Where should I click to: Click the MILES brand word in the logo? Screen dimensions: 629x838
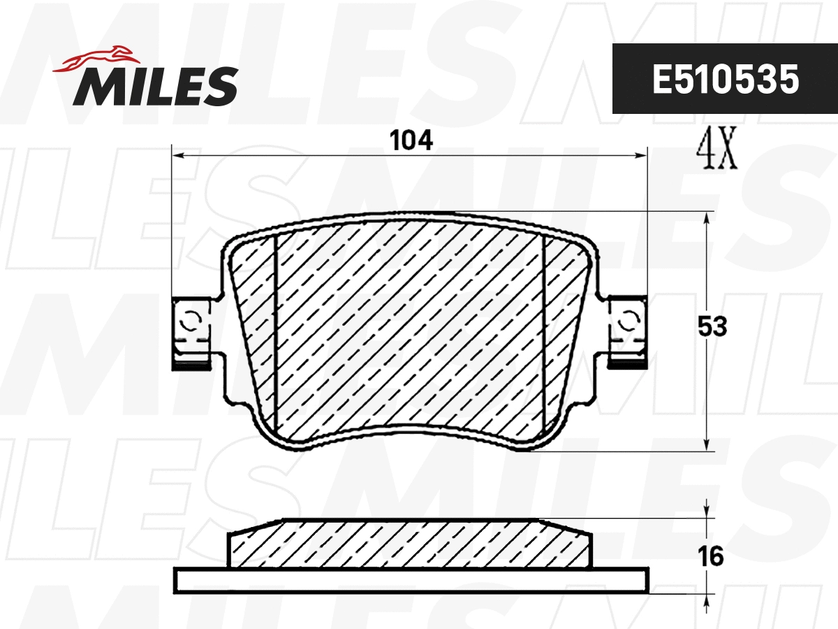pyautogui.click(x=155, y=87)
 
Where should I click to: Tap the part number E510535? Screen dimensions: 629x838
pyautogui.click(x=725, y=80)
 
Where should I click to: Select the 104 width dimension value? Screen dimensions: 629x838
pyautogui.click(x=411, y=140)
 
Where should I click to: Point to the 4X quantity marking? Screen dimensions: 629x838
pyautogui.click(x=717, y=149)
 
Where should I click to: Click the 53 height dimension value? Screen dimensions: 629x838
pyautogui.click(x=712, y=326)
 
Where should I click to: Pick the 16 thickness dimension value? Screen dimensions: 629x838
pyautogui.click(x=711, y=557)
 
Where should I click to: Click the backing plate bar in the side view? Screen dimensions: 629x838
pyautogui.click(x=412, y=580)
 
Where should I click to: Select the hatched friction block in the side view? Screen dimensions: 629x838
pyautogui.click(x=411, y=544)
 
